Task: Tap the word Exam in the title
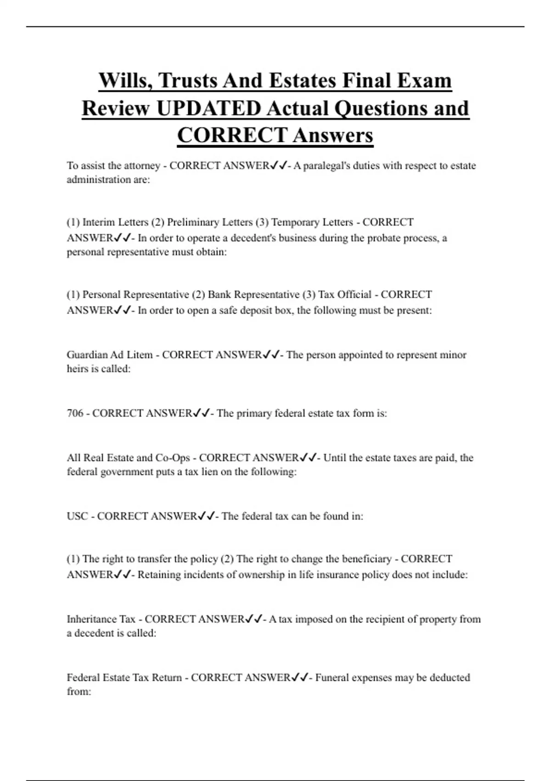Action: pyautogui.click(x=424, y=81)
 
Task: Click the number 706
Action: pyautogui.click(x=75, y=413)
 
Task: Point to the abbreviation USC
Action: pyautogui.click(x=77, y=516)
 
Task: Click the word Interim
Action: pyautogui.click(x=99, y=222)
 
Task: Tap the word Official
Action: pyautogui.click(x=354, y=294)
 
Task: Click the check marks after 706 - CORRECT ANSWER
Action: pyautogui.click(x=201, y=413)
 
